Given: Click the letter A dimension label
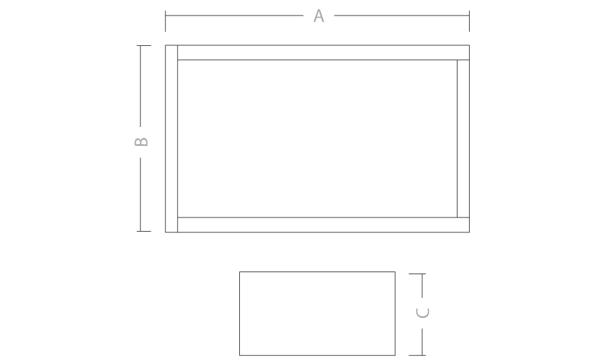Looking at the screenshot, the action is [x=319, y=16].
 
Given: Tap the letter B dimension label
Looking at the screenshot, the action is [x=141, y=142].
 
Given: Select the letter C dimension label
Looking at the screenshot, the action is [x=422, y=313].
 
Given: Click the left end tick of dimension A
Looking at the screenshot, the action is [x=166, y=21].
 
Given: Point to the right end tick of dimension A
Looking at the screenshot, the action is [x=469, y=21].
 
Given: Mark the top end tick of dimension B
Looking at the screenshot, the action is [x=144, y=46].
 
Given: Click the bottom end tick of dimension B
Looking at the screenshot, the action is [x=144, y=231].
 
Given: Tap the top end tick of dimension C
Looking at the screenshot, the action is [x=417, y=274].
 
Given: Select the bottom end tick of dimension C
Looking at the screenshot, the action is [x=417, y=355].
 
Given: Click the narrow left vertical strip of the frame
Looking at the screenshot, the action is [x=172, y=139].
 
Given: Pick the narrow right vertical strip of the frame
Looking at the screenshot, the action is [x=463, y=138].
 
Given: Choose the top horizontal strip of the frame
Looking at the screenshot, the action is [x=324, y=53].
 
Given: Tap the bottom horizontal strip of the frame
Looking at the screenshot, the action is [x=324, y=225].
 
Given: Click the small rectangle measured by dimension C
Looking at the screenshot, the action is [x=317, y=313].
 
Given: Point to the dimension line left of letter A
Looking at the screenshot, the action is [x=234, y=16].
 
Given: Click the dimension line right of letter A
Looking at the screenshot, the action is [x=401, y=16].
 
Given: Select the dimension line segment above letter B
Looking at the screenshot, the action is [x=141, y=86].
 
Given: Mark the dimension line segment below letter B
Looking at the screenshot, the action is [x=141, y=195].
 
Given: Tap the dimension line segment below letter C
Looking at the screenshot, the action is [x=422, y=342].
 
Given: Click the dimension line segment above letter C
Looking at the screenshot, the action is [x=422, y=286].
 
